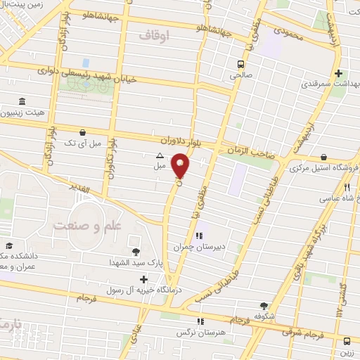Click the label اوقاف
click(155, 34)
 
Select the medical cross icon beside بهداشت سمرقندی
click(339, 73)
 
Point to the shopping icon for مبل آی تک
click(84, 131)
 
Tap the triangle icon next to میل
click(159, 155)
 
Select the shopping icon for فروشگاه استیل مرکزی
click(323, 157)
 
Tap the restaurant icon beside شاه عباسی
click(347, 188)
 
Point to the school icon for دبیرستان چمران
click(200, 236)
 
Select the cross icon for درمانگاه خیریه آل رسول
click(144, 279)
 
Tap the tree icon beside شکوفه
click(264, 306)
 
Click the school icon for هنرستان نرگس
click(201, 321)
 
